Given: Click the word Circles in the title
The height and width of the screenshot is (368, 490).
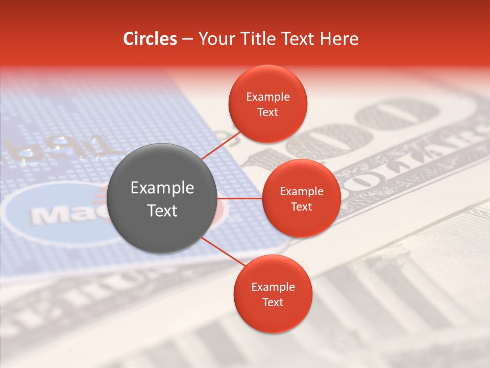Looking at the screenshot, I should click(x=150, y=39).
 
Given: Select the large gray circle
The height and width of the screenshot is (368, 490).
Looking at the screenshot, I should click(x=162, y=198).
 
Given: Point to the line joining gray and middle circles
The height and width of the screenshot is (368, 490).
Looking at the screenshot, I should click(x=240, y=198).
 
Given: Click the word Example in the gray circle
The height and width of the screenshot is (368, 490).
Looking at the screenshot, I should click(x=162, y=188).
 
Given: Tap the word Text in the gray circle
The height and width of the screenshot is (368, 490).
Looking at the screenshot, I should click(x=162, y=211).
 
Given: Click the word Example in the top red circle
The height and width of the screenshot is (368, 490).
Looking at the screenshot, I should click(x=267, y=97).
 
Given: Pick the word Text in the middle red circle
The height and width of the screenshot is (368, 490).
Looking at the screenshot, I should click(x=301, y=206).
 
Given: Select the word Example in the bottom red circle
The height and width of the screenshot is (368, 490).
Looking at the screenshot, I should click(x=273, y=287).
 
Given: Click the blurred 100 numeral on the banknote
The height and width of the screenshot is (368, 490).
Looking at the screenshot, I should click(x=357, y=128).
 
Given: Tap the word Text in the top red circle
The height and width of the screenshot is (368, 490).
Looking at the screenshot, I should click(x=267, y=112).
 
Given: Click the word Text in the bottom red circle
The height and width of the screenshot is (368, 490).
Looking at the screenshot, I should click(x=273, y=303).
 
